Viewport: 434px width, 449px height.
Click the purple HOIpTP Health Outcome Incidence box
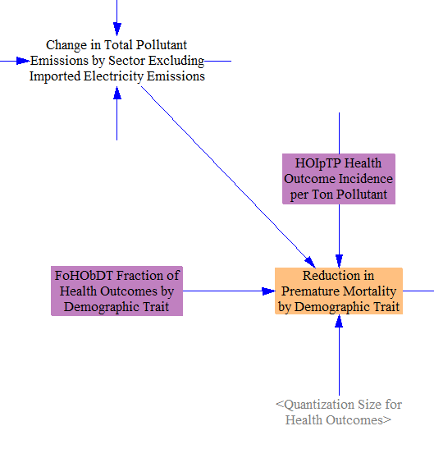[339, 179]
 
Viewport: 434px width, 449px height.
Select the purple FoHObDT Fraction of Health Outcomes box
[116, 291]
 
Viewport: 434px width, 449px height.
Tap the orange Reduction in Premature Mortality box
[339, 291]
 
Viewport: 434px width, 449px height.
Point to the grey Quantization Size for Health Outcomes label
[339, 412]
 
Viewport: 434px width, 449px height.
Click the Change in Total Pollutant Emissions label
[116, 61]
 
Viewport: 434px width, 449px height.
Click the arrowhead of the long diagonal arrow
[310, 263]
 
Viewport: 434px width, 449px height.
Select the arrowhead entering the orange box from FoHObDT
[268, 291]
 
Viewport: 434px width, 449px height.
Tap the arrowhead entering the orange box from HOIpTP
[339, 261]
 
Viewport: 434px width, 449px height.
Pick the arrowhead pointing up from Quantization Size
[339, 321]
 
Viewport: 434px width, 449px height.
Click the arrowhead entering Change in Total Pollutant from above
[117, 30]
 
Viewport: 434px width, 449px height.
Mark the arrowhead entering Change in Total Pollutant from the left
[23, 61]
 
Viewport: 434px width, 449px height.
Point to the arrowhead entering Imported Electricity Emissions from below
[117, 93]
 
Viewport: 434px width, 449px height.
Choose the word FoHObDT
[84, 276]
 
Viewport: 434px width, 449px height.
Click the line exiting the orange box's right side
[418, 291]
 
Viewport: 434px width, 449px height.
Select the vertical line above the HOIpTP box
[339, 133]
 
